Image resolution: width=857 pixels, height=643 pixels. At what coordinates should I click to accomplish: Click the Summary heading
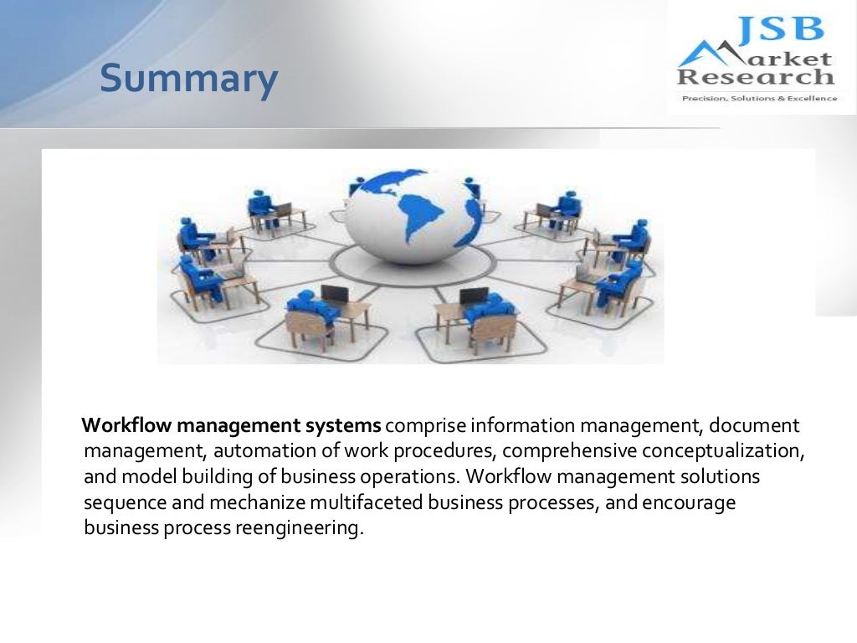[188, 80]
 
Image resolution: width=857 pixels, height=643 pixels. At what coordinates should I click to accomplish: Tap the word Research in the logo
[756, 77]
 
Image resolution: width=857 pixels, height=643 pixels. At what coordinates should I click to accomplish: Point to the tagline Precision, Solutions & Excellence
[759, 98]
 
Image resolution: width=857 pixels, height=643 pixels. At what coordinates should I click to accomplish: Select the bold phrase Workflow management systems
[232, 424]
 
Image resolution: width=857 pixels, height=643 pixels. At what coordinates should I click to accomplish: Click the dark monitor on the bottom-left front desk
[335, 294]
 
